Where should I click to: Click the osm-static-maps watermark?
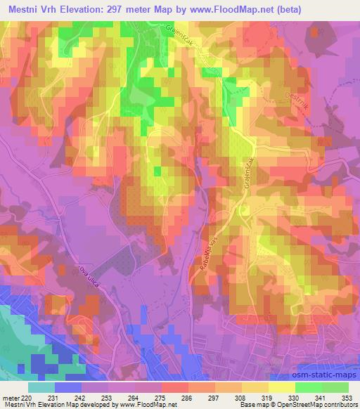coord(319,377)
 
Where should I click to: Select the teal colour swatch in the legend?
coord(41,387)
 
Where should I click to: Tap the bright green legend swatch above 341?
coord(309,387)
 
